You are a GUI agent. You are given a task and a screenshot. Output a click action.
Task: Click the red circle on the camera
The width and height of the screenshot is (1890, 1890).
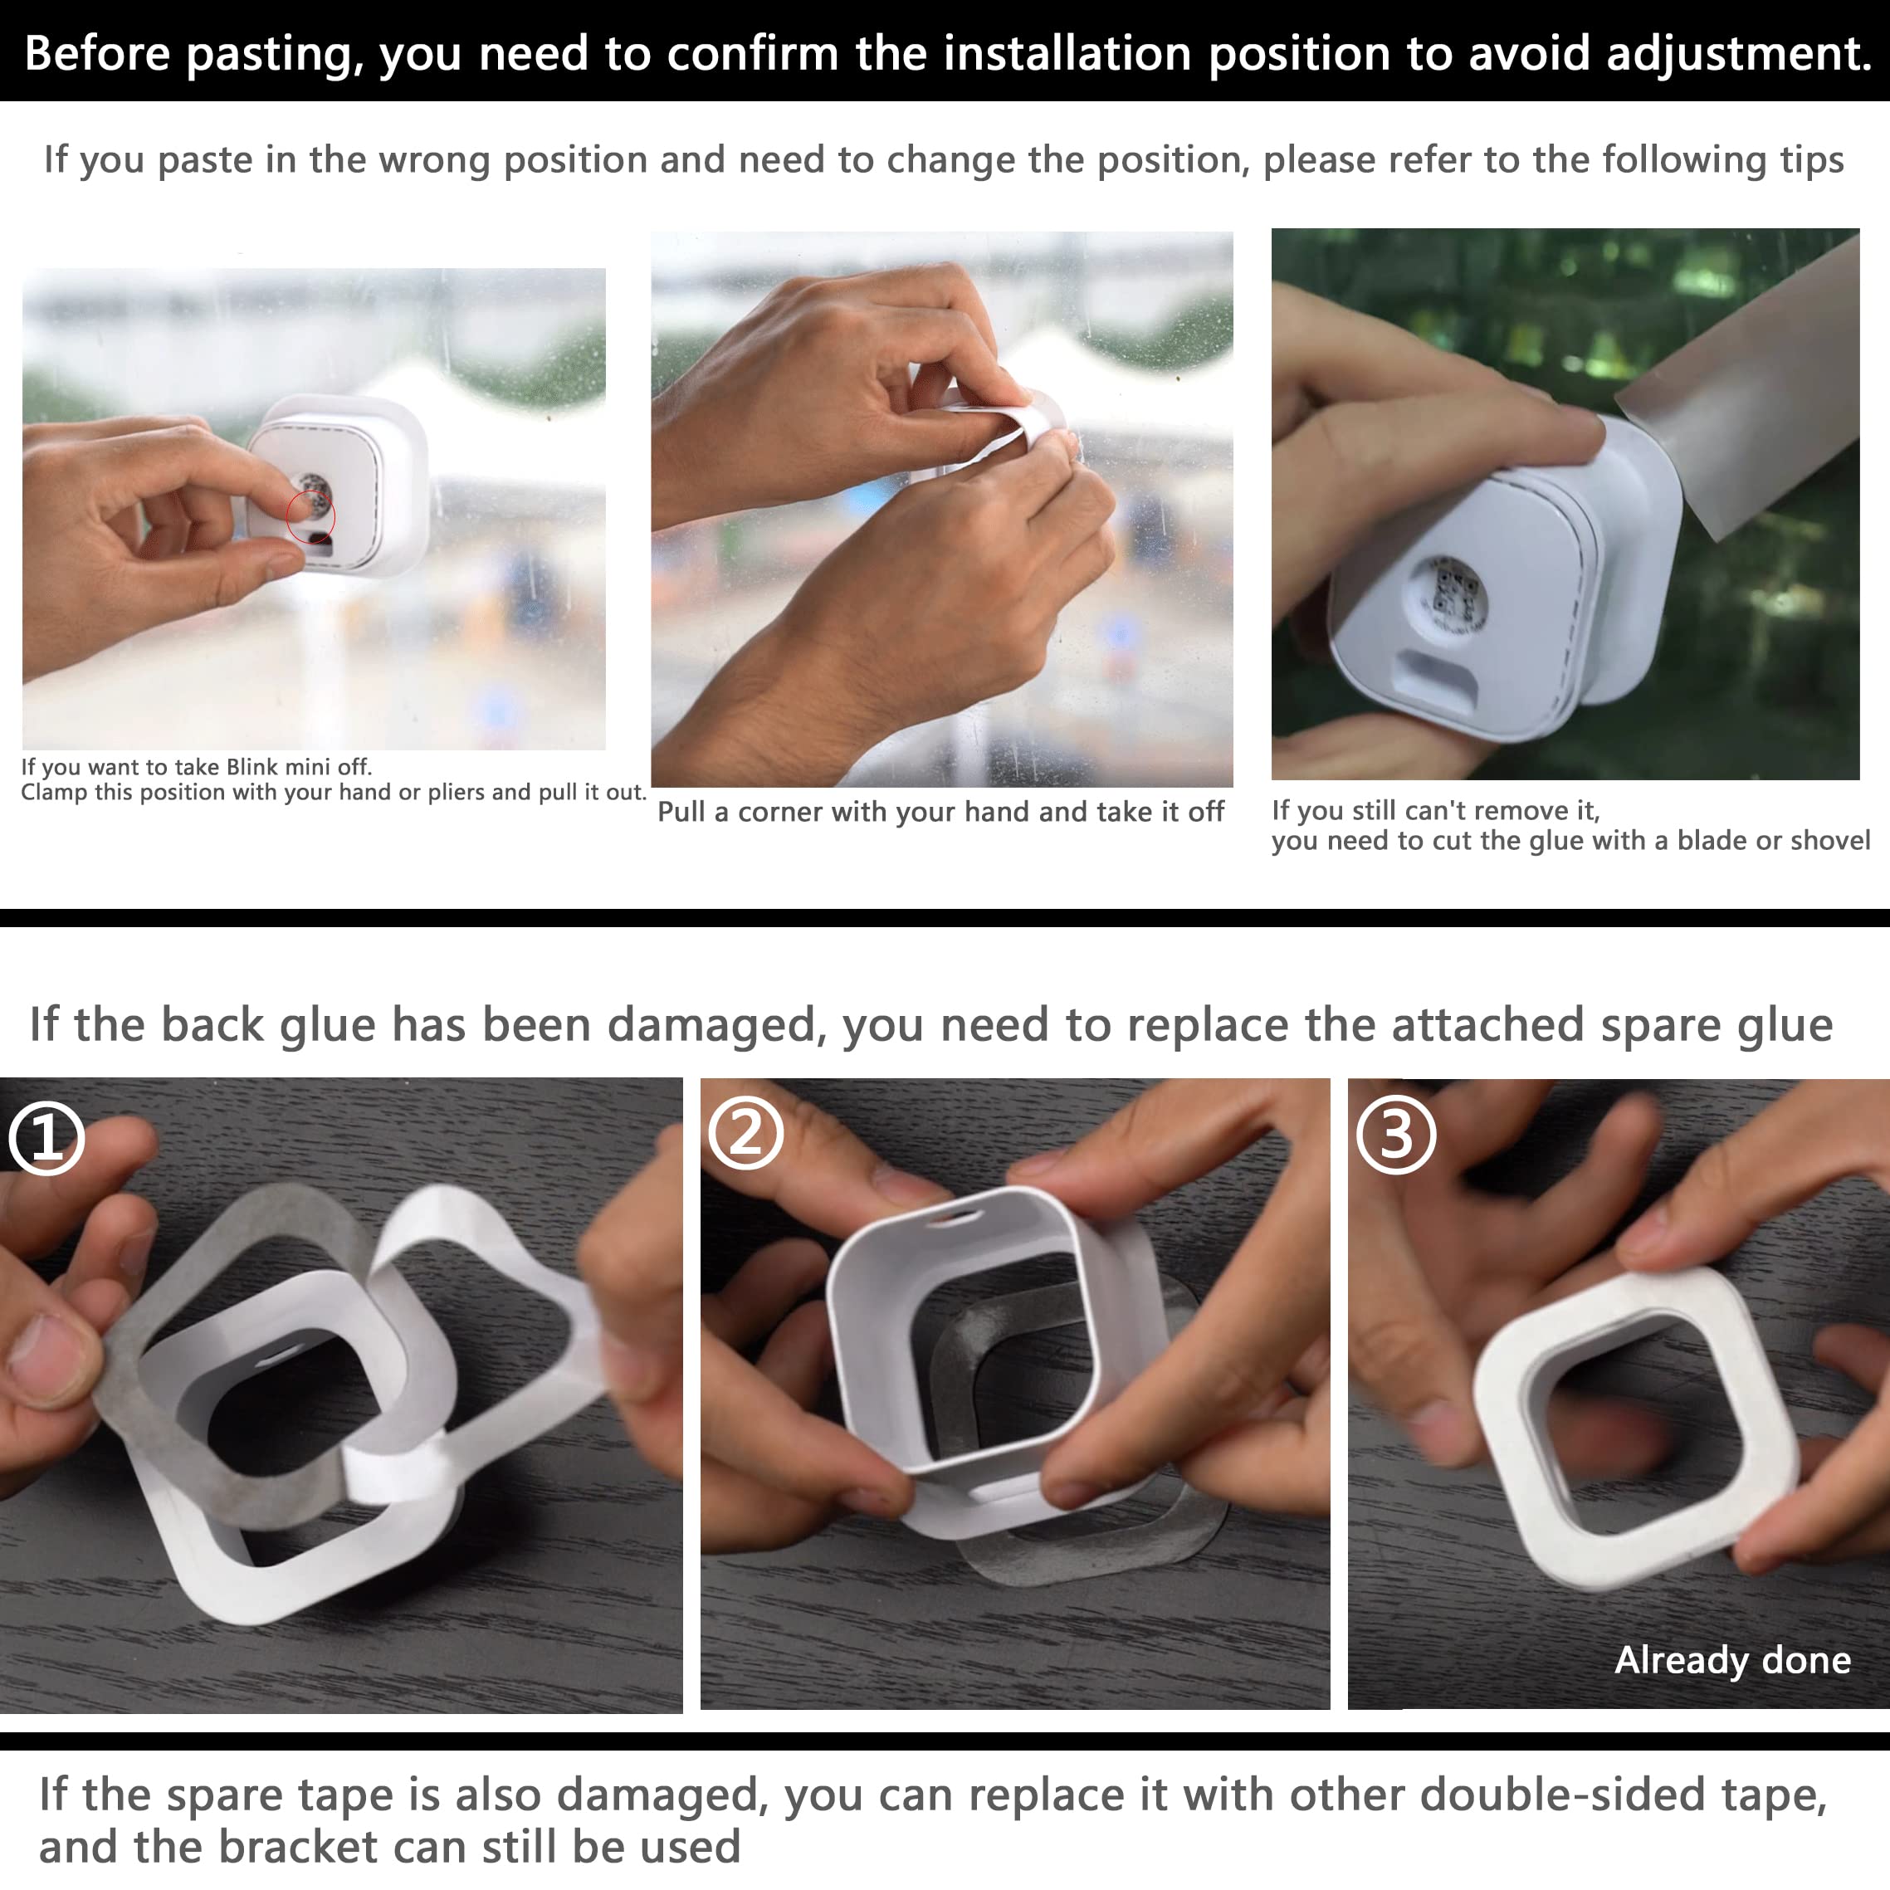[x=310, y=517]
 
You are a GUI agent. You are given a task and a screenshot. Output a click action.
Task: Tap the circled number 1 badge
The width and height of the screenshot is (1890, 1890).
[x=46, y=1137]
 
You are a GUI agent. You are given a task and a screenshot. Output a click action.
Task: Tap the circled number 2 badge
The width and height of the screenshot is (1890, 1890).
[x=745, y=1134]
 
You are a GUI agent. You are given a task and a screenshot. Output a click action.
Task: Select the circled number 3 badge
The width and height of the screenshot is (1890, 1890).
[x=1396, y=1135]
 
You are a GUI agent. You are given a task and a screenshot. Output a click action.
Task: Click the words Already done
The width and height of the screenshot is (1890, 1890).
[x=1731, y=1660]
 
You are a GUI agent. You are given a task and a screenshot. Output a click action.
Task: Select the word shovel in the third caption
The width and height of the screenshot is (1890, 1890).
[x=1829, y=840]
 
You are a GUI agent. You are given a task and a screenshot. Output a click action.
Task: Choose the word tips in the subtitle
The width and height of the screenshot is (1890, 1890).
[x=1812, y=159]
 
